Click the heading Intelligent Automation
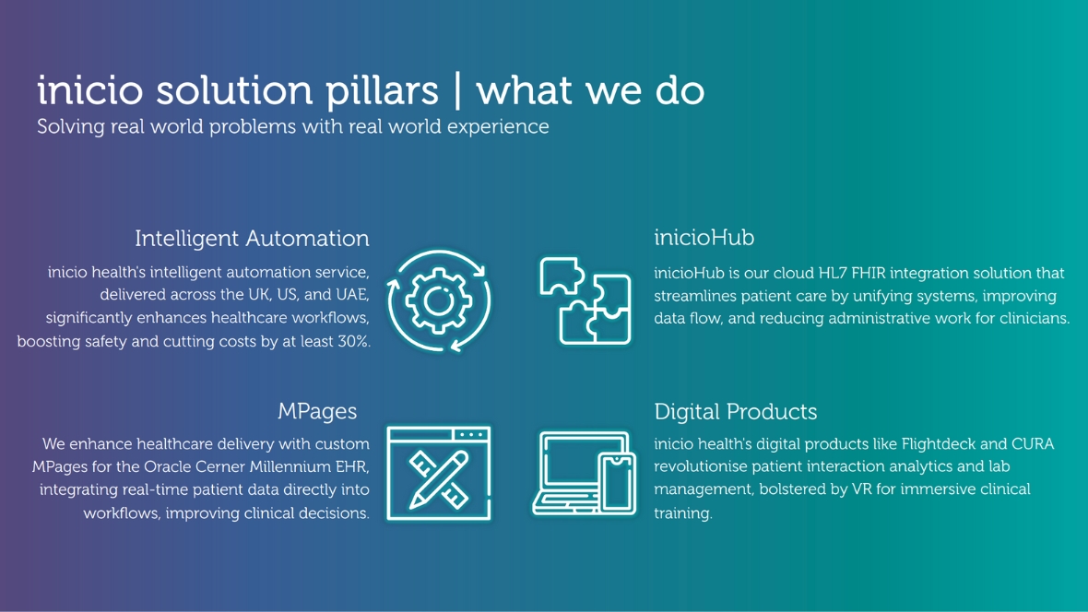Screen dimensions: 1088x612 [252, 239]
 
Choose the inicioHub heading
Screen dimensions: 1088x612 [704, 238]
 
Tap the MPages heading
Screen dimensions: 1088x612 [317, 411]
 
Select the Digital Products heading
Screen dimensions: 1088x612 [736, 411]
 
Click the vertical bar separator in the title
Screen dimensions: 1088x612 [457, 90]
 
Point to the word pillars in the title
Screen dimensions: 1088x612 [383, 90]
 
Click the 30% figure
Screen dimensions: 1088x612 [353, 341]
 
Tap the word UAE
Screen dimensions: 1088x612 [351, 295]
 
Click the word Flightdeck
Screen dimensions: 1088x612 [938, 444]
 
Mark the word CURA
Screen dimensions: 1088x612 [1033, 444]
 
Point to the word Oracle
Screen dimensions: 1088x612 [167, 466]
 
